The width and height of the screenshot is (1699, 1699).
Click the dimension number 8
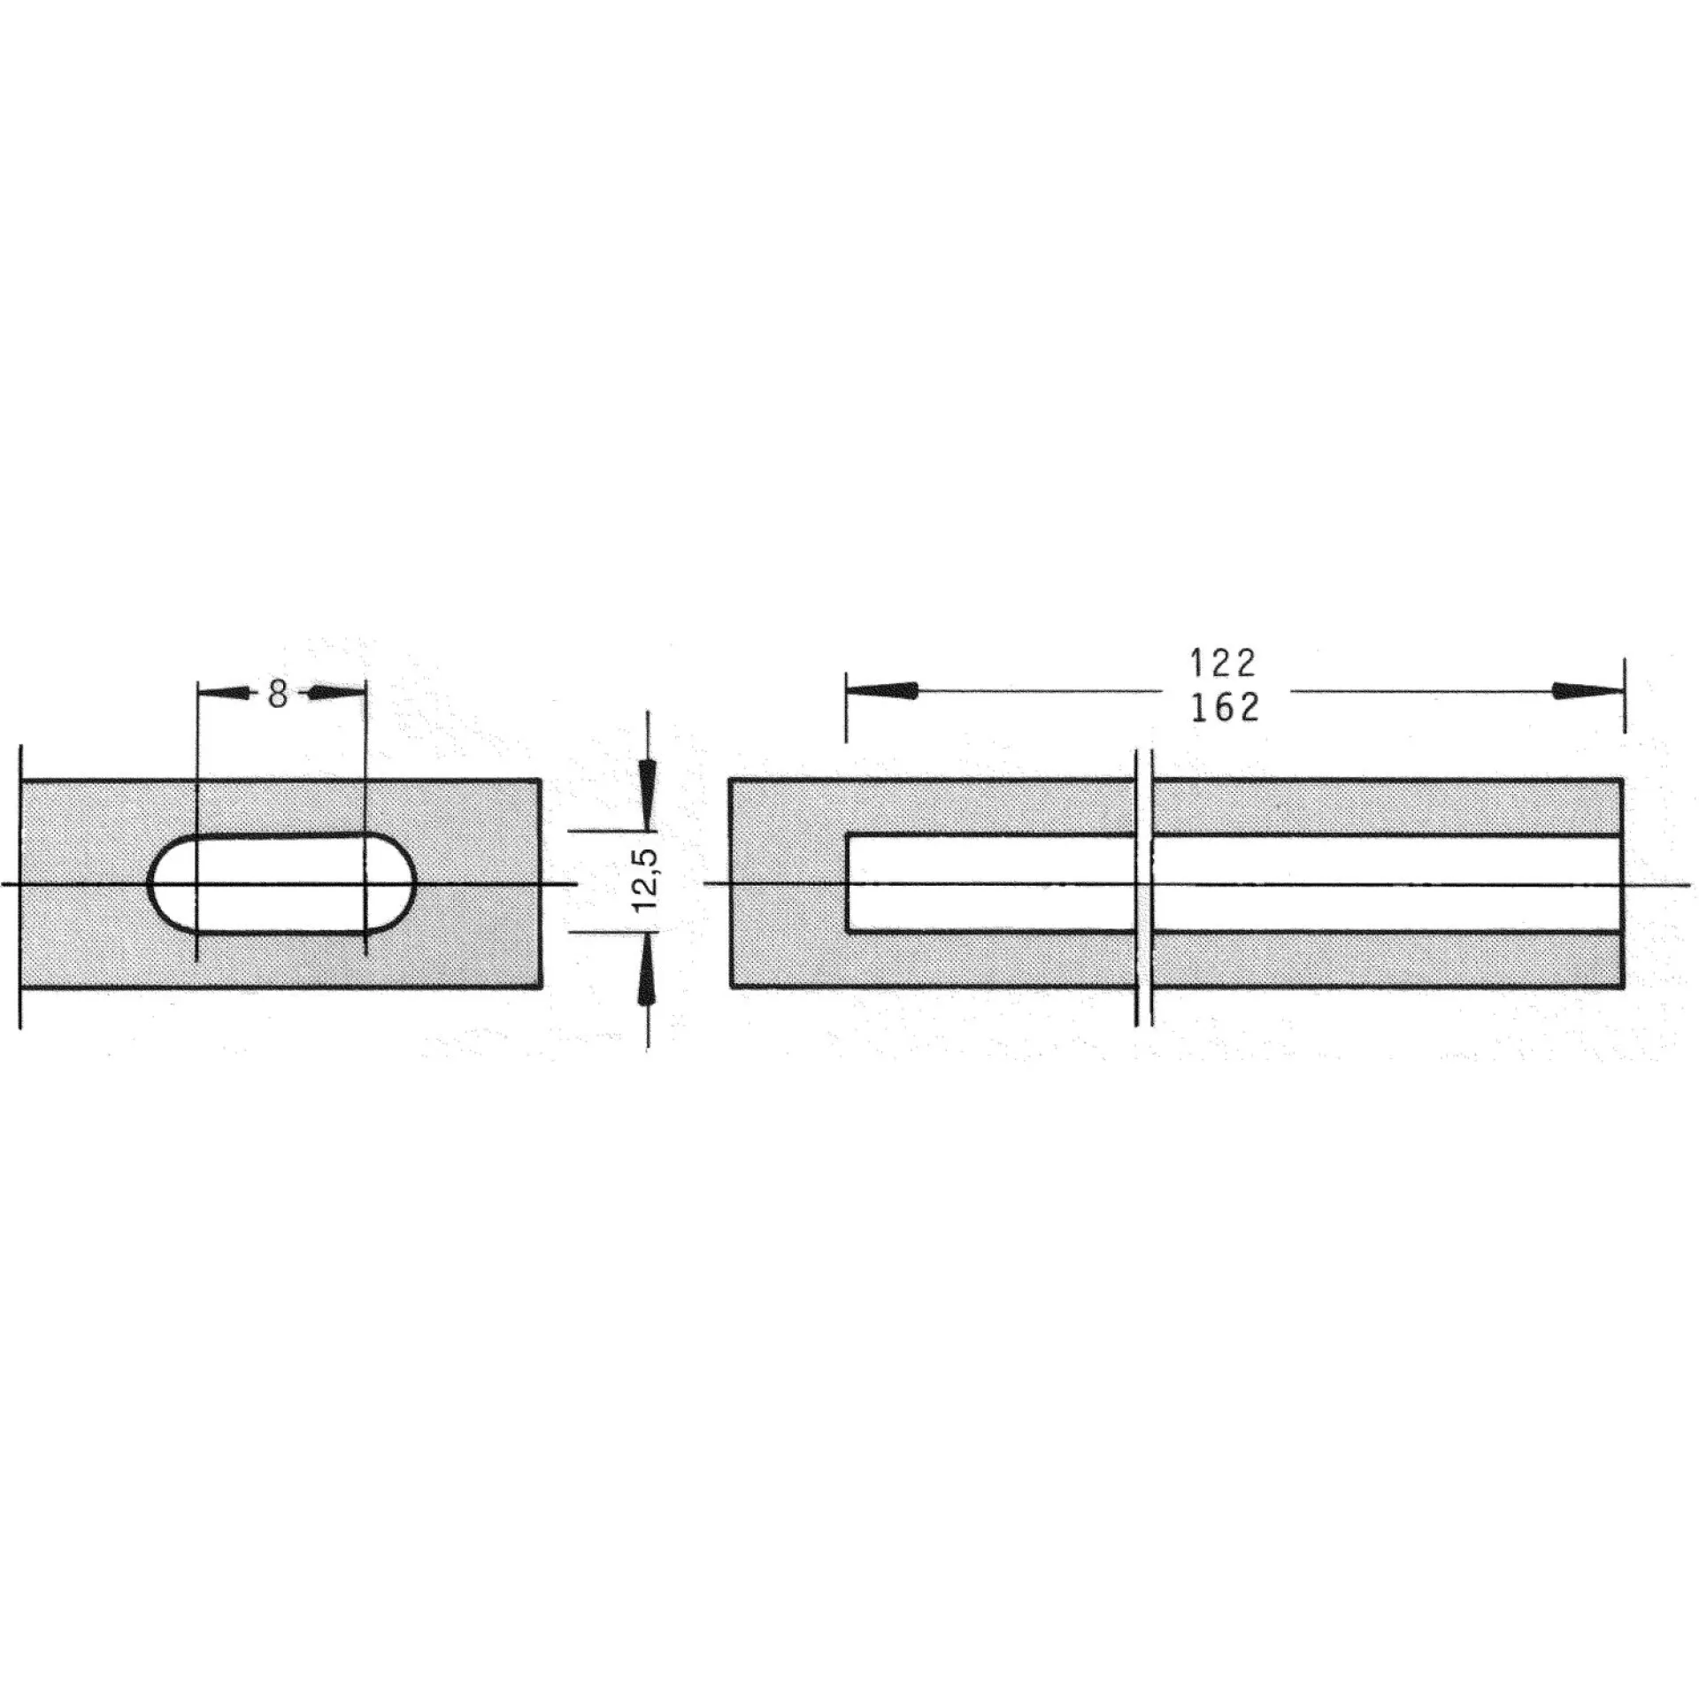278,695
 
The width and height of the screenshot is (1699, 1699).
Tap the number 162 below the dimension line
1225,708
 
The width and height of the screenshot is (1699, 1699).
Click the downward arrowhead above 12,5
648,797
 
